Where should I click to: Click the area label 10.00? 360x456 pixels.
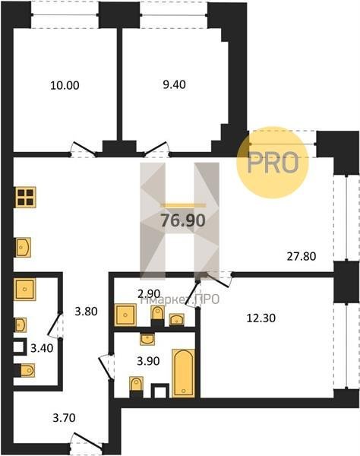point(65,86)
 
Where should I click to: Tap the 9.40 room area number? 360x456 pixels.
point(174,84)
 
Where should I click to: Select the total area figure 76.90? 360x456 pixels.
point(183,220)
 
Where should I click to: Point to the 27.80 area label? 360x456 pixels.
point(302,257)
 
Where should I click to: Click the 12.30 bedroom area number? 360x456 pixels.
point(261,318)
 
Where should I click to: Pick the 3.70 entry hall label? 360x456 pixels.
point(65,418)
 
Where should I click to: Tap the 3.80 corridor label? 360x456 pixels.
point(86,312)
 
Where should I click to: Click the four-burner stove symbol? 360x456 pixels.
point(26,197)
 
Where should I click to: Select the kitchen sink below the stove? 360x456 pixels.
point(23,248)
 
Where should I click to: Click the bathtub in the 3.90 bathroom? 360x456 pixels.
point(183,373)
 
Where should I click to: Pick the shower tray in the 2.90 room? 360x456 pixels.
point(125,315)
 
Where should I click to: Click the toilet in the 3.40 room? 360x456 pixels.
point(24,370)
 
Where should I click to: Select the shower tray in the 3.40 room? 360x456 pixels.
point(25,290)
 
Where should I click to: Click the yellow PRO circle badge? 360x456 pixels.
point(272,163)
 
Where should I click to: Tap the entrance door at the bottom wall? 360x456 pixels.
point(86,442)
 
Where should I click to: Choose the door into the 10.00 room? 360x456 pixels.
point(84,150)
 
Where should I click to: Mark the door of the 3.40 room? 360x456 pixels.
point(55,325)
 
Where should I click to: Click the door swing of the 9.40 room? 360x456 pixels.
point(157,150)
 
